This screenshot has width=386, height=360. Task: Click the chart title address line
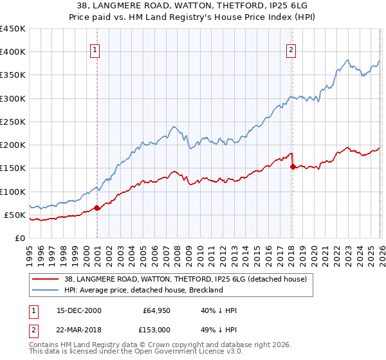pyautogui.click(x=193, y=6)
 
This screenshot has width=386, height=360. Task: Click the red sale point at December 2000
pyautogui.click(x=97, y=208)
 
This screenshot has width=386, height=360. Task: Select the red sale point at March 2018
pyautogui.click(x=293, y=166)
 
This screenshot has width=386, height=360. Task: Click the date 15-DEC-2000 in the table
pyautogui.click(x=78, y=310)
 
